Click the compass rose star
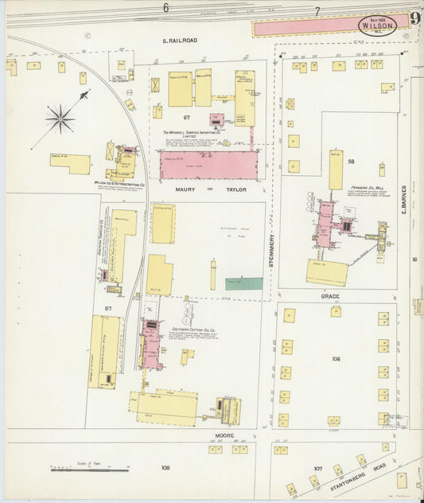click(60, 119)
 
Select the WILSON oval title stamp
click(375, 25)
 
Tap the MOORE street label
click(223, 435)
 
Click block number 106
click(336, 359)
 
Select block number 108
click(165, 468)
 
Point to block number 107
click(318, 467)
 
